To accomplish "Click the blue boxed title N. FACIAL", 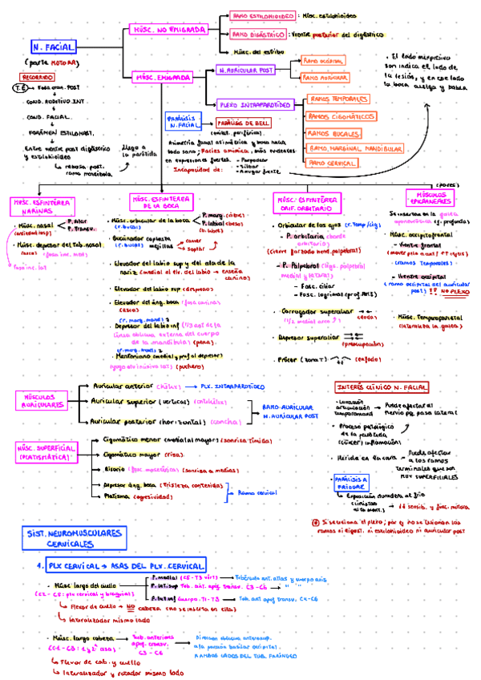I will click(x=55, y=48).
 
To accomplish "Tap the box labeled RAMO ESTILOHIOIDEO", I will click(x=262, y=15).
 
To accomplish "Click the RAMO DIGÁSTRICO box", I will click(x=258, y=35).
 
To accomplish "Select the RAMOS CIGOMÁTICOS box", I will click(x=342, y=116).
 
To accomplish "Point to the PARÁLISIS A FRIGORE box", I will click(x=350, y=481).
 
